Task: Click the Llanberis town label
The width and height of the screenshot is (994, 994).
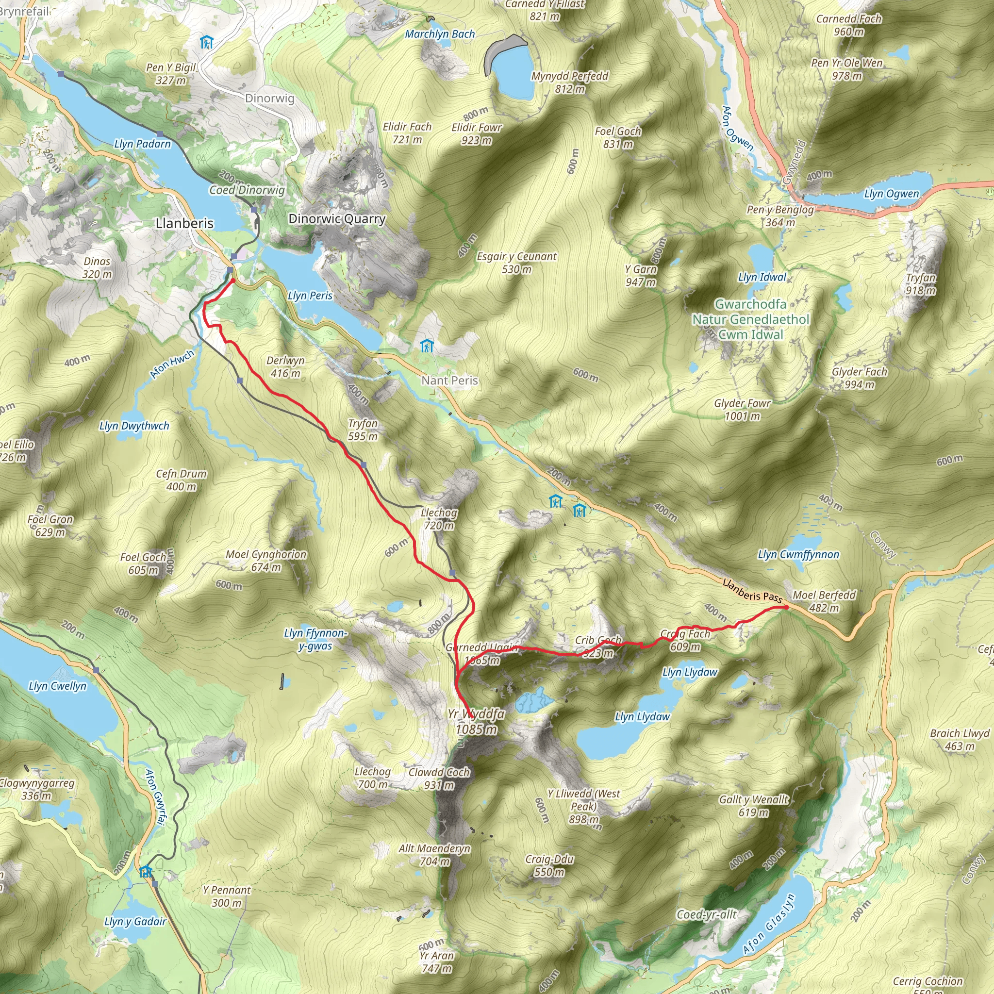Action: pyautogui.click(x=184, y=223)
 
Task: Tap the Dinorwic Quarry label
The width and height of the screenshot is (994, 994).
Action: pyautogui.click(x=337, y=219)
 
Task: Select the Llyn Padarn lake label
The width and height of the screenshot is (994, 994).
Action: pyautogui.click(x=143, y=144)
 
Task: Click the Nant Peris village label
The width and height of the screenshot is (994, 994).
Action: pyautogui.click(x=449, y=381)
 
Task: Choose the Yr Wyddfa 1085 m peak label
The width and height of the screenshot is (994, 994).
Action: pyautogui.click(x=476, y=721)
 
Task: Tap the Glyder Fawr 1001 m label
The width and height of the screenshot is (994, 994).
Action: pyautogui.click(x=742, y=410)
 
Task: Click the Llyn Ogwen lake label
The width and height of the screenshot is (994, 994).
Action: pyautogui.click(x=891, y=194)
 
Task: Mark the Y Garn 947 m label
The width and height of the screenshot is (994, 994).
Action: pyautogui.click(x=641, y=275)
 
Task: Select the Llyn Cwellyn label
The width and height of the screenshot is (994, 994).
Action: pyautogui.click(x=58, y=686)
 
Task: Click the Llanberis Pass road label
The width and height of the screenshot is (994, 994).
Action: pyautogui.click(x=752, y=591)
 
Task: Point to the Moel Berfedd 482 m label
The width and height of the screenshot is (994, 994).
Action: pyautogui.click(x=824, y=601)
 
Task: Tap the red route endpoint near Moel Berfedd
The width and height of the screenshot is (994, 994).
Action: pyautogui.click(x=786, y=607)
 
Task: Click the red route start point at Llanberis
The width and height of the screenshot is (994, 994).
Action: pyautogui.click(x=232, y=281)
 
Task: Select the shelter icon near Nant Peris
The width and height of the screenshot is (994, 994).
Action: pyautogui.click(x=427, y=346)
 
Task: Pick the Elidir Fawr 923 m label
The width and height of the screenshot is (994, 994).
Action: pyautogui.click(x=477, y=134)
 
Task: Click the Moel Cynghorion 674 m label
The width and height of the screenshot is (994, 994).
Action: pyautogui.click(x=266, y=561)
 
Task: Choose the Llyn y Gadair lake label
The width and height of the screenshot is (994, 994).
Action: pyautogui.click(x=135, y=922)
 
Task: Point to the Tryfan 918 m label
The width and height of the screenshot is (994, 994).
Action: pyautogui.click(x=920, y=284)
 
